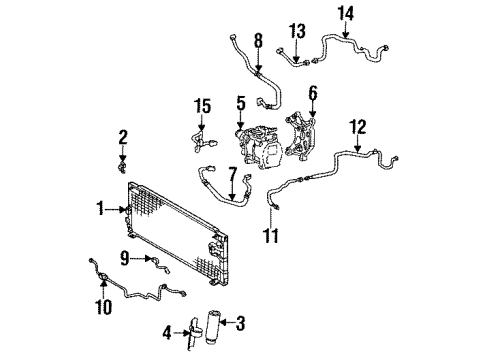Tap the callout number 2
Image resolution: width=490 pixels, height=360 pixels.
[122, 136]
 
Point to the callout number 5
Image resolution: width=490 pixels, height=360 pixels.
[241, 101]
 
